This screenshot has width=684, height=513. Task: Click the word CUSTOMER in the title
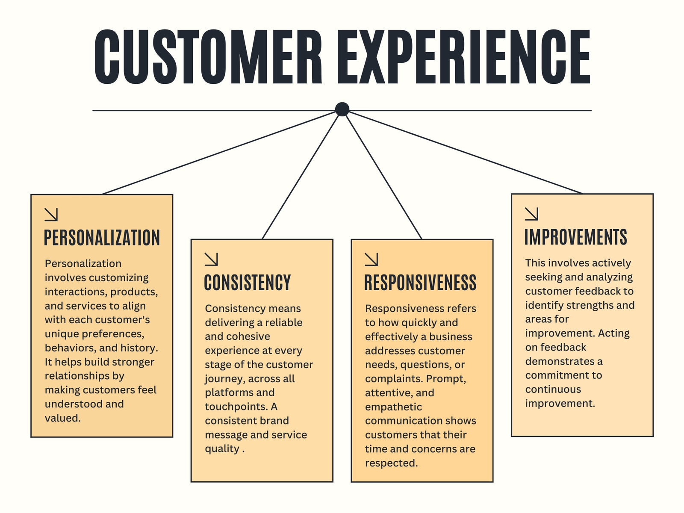tap(208, 57)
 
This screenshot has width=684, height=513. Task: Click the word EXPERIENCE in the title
tap(464, 57)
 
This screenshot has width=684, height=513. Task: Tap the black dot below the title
tap(342, 109)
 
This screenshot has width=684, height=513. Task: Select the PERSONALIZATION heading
tap(102, 238)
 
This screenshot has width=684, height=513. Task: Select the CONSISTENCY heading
tap(248, 283)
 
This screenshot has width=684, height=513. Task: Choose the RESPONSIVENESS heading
tap(420, 283)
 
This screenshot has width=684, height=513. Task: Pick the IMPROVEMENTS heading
tap(575, 237)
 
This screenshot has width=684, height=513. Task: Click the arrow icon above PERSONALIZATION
tap(51, 215)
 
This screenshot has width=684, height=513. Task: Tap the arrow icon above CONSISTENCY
tap(211, 259)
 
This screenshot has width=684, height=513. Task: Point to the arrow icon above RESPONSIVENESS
tap(371, 259)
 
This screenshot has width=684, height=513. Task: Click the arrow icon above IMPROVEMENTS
tap(531, 214)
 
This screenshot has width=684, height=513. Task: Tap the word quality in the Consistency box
tap(222, 449)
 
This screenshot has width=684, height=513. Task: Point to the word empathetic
tap(394, 407)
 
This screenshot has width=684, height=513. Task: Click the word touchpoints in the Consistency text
tap(236, 407)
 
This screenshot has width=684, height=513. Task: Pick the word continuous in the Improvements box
tap(553, 389)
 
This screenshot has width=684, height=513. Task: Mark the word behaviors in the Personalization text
tap(71, 348)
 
